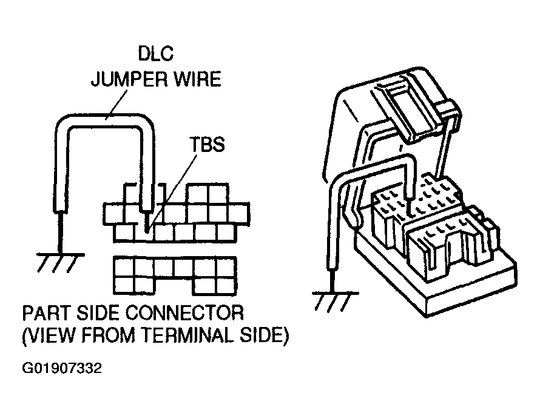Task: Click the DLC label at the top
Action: tap(156, 54)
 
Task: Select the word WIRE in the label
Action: tap(197, 79)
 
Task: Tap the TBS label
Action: tap(207, 144)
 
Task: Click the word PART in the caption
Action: tap(47, 313)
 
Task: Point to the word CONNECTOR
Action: tap(184, 313)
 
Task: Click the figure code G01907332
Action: tap(62, 369)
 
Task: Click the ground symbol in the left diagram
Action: tap(59, 263)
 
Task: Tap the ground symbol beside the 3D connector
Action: tap(334, 302)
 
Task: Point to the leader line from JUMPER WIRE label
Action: tap(116, 104)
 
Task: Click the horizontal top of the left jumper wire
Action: tap(105, 120)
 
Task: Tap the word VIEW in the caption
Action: tap(52, 335)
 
